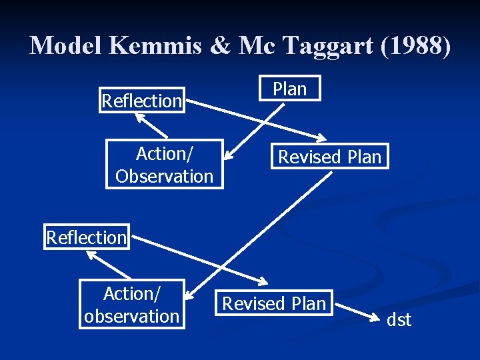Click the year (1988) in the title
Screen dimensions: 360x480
point(418,45)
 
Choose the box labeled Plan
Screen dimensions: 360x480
point(290,89)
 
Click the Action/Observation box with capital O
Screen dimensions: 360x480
point(164,165)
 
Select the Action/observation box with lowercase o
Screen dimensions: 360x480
point(132,305)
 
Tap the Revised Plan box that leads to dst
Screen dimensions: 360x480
point(274,304)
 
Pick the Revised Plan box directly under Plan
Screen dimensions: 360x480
point(329,157)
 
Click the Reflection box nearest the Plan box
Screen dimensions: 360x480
point(142,101)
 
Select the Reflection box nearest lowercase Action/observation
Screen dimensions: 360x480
point(87,237)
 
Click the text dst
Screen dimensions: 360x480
point(399,320)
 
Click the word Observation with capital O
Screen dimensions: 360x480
point(164,176)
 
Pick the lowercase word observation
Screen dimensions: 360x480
point(132,316)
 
